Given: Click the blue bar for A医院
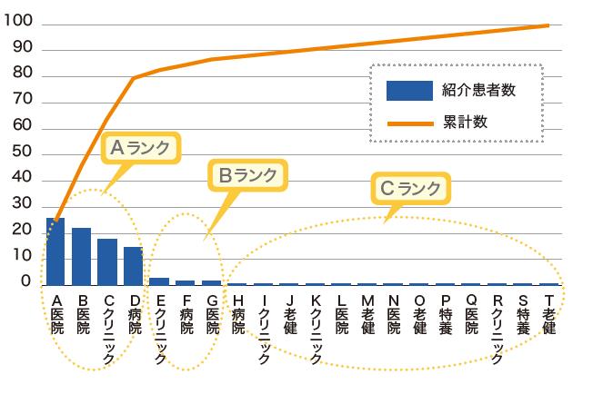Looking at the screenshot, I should (x=55, y=251).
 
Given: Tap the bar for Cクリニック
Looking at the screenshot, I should (x=107, y=261).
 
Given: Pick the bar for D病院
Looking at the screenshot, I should (x=134, y=265).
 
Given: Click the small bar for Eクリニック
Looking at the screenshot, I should (x=159, y=281).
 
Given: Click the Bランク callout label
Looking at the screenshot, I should (x=246, y=173).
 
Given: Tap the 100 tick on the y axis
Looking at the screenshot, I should (x=20, y=21).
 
